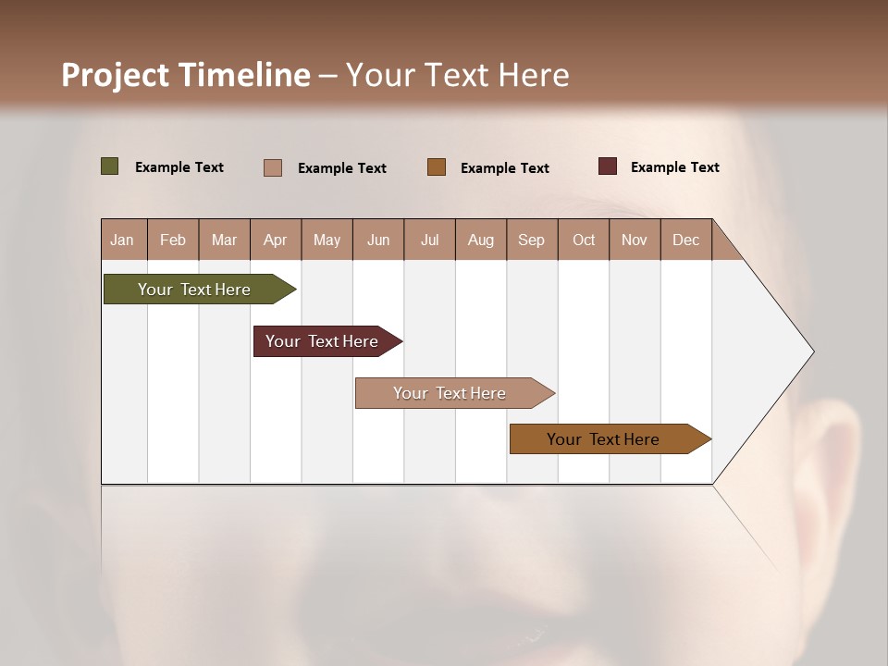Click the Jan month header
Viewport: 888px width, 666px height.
point(123,240)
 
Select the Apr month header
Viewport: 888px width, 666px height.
point(276,240)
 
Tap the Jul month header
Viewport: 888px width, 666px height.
point(430,240)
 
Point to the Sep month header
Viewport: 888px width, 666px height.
point(532,240)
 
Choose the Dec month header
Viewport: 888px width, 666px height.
point(685,240)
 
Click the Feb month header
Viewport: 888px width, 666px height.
point(173,240)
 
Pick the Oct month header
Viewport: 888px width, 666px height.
point(584,240)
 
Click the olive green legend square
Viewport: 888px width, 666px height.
point(110,166)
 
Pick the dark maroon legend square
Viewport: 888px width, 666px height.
point(608,166)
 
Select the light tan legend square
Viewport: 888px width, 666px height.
point(273,167)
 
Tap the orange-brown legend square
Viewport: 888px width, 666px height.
point(437,167)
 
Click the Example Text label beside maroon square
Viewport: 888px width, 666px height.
point(675,167)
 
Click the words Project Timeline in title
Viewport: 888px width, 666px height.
point(185,75)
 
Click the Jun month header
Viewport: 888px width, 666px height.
point(378,240)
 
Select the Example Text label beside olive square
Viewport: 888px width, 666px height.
point(179,167)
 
